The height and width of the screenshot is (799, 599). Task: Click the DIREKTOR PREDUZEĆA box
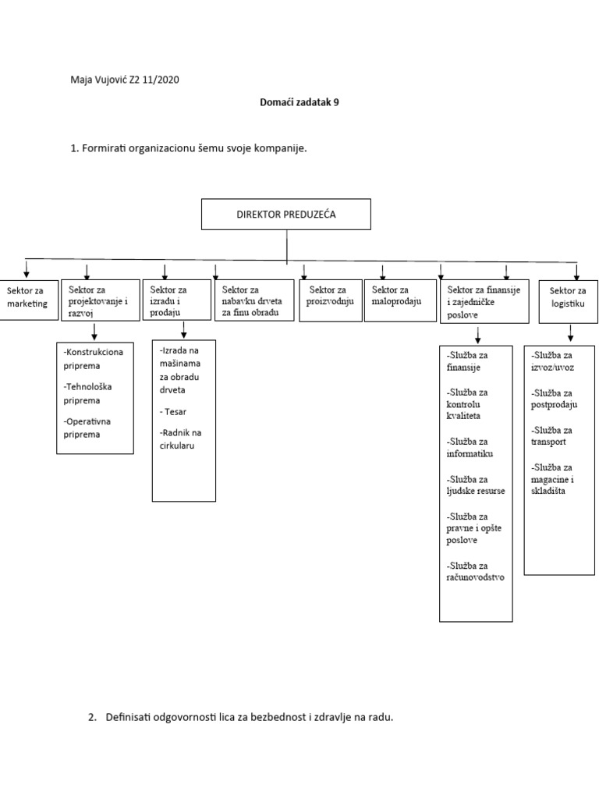click(285, 214)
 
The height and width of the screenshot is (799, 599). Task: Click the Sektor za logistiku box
click(568, 300)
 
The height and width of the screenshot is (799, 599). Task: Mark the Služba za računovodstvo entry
click(476, 571)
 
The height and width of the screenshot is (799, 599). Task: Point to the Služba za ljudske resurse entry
click(476, 485)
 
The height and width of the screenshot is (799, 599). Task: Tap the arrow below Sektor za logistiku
click(570, 333)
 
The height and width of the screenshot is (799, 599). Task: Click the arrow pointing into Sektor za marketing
click(27, 270)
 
